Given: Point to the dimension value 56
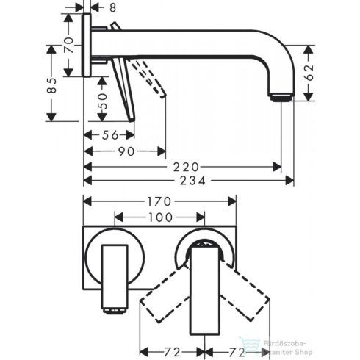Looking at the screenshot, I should click(x=108, y=135).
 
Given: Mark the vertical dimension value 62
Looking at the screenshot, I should click(x=312, y=71).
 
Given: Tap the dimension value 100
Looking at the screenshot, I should click(x=160, y=217).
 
